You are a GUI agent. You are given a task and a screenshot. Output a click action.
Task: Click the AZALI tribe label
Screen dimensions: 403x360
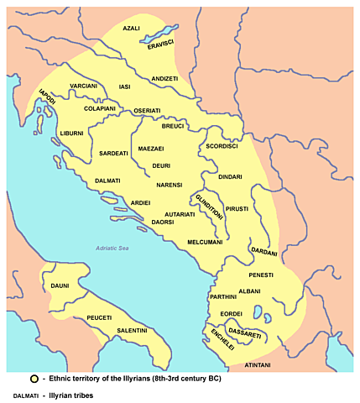[132, 29]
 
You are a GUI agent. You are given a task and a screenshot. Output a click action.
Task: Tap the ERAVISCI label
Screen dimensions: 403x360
[159, 43]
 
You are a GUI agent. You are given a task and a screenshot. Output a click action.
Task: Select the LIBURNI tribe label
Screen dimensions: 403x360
[71, 133]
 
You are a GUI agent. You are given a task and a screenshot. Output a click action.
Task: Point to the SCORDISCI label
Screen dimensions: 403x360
[222, 146]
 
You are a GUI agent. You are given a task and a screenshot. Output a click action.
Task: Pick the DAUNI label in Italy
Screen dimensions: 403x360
[61, 286]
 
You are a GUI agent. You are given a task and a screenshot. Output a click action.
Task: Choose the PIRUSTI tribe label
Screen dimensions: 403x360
[236, 207]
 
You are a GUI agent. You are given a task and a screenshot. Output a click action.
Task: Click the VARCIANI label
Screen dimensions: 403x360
[84, 86]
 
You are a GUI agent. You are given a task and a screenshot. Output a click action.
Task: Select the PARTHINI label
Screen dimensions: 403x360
[223, 296]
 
